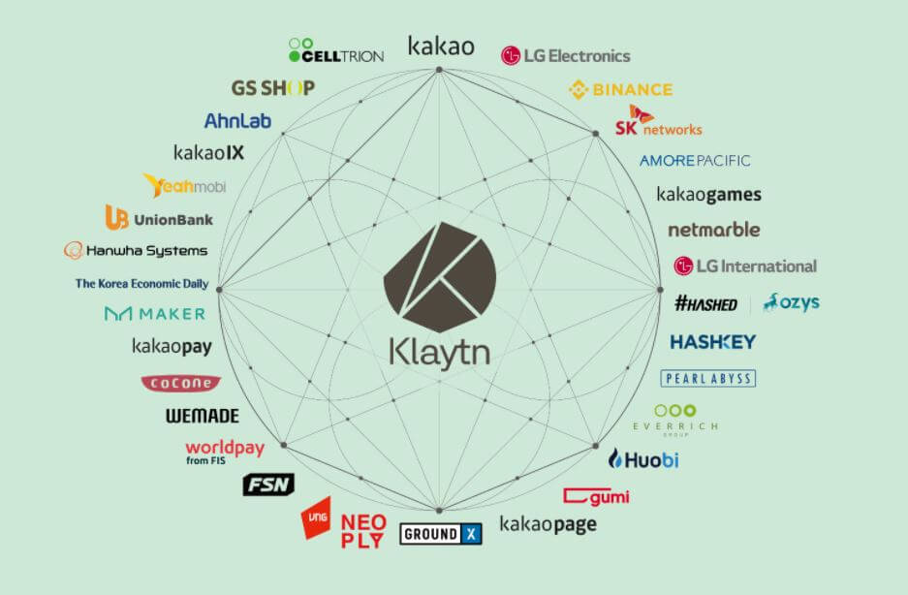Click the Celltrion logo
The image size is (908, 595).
pyautogui.click(x=336, y=50)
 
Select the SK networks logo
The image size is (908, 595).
pyautogui.click(x=657, y=123)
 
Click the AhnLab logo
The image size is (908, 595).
pyautogui.click(x=237, y=121)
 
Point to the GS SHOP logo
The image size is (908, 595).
pyautogui.click(x=272, y=88)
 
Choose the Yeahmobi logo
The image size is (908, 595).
pyautogui.click(x=184, y=186)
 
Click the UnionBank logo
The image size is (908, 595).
pyautogui.click(x=159, y=219)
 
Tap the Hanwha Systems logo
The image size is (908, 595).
pyautogui.click(x=136, y=251)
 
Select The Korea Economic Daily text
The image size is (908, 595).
pyautogui.click(x=141, y=284)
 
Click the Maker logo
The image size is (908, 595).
pyautogui.click(x=155, y=314)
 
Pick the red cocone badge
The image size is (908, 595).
pyautogui.click(x=180, y=383)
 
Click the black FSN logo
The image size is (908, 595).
pyautogui.click(x=267, y=485)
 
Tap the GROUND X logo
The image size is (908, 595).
pyautogui.click(x=441, y=533)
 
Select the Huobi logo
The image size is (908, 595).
pyautogui.click(x=643, y=459)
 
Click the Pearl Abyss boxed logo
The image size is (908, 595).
pyautogui.click(x=707, y=378)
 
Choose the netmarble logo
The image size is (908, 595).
pyautogui.click(x=713, y=230)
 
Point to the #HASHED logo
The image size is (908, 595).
pyautogui.click(x=705, y=303)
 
